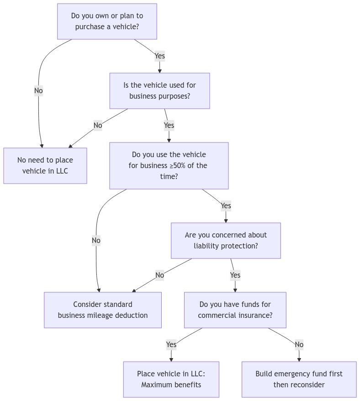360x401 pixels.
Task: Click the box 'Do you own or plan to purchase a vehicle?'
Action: point(107,21)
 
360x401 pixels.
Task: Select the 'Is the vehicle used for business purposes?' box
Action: point(159,91)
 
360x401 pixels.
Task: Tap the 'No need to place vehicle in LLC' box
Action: point(45,166)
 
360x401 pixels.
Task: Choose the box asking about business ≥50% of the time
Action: point(169,166)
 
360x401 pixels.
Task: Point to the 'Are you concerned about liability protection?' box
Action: point(226,241)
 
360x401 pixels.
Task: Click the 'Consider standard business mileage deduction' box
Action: point(103,310)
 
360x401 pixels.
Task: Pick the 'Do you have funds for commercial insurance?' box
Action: point(235,310)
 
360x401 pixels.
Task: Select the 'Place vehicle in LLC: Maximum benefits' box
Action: point(171,380)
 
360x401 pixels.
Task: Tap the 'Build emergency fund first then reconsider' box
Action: point(299,380)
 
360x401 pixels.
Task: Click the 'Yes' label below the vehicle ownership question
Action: point(159,56)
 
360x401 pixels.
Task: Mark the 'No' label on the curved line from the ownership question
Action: point(38,91)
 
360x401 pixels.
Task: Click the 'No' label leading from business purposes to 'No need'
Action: point(97,125)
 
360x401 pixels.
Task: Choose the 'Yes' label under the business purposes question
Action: point(169,125)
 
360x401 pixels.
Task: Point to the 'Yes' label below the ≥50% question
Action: point(226,206)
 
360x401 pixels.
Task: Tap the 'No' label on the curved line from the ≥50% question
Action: point(96,240)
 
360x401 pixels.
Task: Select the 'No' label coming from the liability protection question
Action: point(159,275)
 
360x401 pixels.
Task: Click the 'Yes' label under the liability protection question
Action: point(235,275)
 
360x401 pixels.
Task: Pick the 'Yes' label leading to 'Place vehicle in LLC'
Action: point(171,344)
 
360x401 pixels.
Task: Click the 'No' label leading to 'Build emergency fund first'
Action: point(299,344)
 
